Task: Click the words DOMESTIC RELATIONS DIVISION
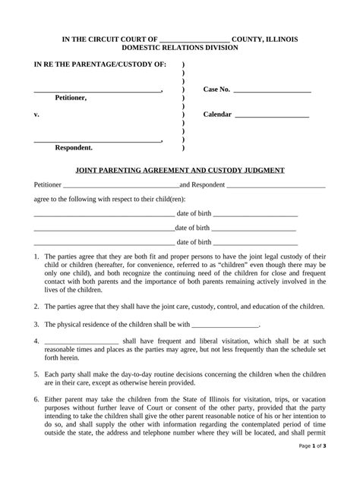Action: (180, 48)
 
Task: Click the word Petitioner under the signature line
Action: (71, 99)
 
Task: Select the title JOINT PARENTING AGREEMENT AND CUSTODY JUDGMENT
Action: (180, 171)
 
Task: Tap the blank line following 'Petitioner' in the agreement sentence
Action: (121, 185)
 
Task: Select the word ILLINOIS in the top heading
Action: (281, 39)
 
